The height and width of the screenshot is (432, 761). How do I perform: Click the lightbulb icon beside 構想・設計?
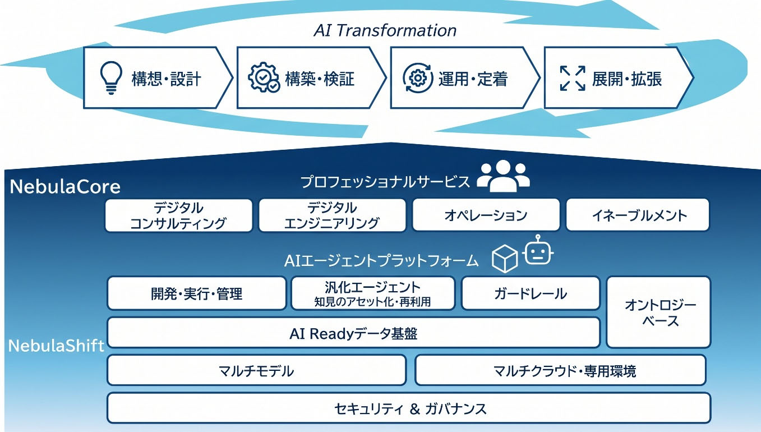pyautogui.click(x=111, y=77)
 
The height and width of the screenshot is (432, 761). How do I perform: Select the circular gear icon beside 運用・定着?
pyautogui.click(x=418, y=78)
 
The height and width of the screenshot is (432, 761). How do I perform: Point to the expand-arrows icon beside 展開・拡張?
pyautogui.click(x=573, y=78)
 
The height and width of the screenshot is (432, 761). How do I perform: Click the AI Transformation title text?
pyautogui.click(x=385, y=31)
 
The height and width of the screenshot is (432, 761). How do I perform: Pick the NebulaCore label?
pyautogui.click(x=65, y=187)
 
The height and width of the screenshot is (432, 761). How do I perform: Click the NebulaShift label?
pyautogui.click(x=57, y=346)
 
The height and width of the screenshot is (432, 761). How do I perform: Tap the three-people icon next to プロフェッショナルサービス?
pyautogui.click(x=503, y=176)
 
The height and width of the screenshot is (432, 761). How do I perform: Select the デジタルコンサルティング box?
pyautogui.click(x=179, y=215)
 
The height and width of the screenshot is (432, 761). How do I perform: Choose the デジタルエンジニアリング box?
pyautogui.click(x=332, y=215)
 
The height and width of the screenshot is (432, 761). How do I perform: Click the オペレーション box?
pyautogui.click(x=486, y=215)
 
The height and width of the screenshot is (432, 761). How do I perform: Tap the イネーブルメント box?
pyautogui.click(x=638, y=215)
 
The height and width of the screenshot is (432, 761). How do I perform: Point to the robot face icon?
pyautogui.click(x=538, y=250)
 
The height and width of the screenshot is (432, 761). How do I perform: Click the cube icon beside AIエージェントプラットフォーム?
pyautogui.click(x=505, y=259)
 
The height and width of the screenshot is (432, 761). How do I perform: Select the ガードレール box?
pyautogui.click(x=531, y=293)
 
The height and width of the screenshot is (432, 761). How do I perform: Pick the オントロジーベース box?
pyautogui.click(x=658, y=312)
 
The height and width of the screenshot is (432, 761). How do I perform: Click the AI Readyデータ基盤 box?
pyautogui.click(x=354, y=333)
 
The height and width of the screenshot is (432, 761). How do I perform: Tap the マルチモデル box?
pyautogui.click(x=256, y=370)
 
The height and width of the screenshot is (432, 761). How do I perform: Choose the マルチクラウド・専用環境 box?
pyautogui.click(x=561, y=370)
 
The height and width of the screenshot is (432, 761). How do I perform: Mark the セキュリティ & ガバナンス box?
pyautogui.click(x=409, y=408)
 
